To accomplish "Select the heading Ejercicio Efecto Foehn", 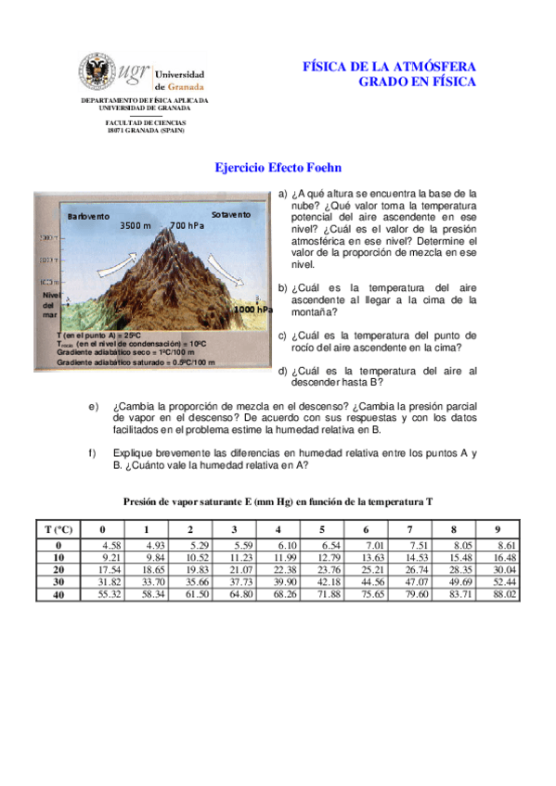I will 278,168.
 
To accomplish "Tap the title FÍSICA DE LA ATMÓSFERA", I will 389,67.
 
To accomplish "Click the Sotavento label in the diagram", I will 230,214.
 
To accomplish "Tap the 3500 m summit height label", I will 136,225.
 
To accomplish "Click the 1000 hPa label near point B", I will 253,309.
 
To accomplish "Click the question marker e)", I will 93,406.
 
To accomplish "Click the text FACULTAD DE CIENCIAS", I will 145,122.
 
